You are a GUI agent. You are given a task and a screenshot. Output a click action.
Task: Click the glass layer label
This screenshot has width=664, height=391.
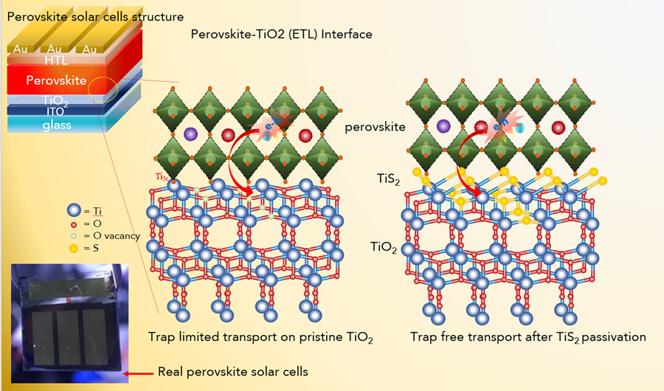(56, 125)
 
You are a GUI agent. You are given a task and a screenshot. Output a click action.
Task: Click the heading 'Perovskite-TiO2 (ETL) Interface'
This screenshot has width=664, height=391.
(281, 34)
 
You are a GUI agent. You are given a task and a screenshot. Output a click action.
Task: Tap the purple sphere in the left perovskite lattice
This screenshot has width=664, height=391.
(190, 135)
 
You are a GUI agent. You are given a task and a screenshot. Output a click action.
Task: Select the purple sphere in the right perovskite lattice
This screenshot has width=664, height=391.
(443, 127)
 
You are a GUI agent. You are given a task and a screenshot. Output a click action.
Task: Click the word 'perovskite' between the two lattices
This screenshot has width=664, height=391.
(375, 127)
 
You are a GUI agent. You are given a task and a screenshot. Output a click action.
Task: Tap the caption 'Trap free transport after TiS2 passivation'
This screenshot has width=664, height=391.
(528, 337)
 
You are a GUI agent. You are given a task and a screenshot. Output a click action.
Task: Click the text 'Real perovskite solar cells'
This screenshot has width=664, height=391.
(232, 371)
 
